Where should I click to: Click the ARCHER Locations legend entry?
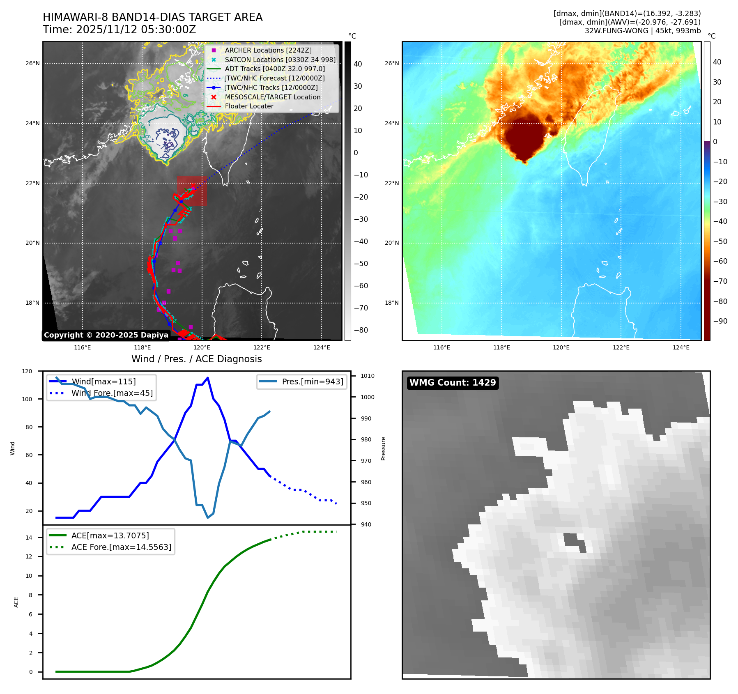tap(268, 50)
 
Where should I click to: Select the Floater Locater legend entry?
tap(249, 106)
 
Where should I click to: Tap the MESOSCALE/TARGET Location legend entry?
tap(272, 97)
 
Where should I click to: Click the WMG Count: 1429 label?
tap(453, 383)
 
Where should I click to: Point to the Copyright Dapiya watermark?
tap(106, 335)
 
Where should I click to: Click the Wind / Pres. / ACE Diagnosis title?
tap(196, 359)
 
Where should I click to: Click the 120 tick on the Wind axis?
tap(27, 371)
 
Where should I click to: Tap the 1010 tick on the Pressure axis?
tap(368, 376)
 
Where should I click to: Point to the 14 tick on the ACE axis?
tap(29, 538)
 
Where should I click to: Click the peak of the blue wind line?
tap(208, 378)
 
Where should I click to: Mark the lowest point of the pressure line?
tap(208, 517)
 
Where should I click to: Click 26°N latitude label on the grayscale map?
tap(33, 64)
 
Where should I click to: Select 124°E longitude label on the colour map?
tap(681, 347)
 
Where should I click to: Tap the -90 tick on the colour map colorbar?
tap(720, 321)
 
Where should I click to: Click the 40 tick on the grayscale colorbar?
tap(358, 64)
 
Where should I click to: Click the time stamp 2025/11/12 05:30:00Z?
tap(136, 30)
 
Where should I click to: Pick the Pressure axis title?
tap(383, 448)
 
